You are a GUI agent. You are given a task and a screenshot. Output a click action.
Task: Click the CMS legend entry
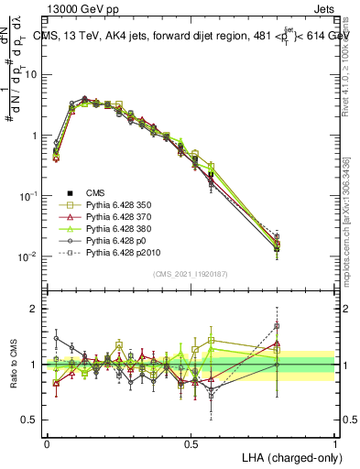click(x=96, y=192)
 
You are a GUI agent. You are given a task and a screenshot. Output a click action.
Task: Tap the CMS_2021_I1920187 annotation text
click(x=191, y=274)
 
